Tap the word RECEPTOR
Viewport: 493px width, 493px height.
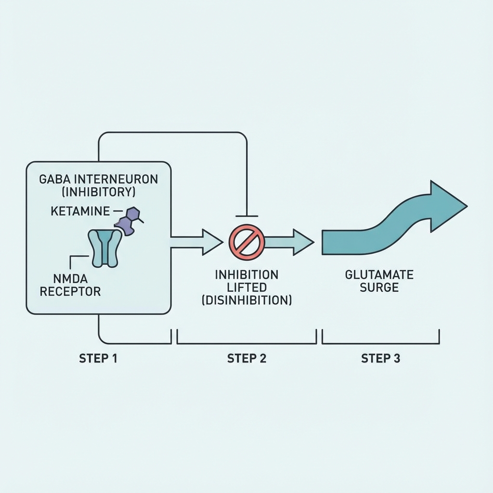coord(70,291)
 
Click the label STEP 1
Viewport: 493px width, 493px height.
coord(99,359)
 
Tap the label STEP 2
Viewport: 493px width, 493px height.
coord(246,359)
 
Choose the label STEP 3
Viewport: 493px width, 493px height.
coord(380,359)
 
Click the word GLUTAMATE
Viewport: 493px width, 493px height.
coord(379,275)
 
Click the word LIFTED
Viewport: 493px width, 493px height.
coord(246,288)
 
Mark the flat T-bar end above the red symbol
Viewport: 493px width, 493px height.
coord(247,216)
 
